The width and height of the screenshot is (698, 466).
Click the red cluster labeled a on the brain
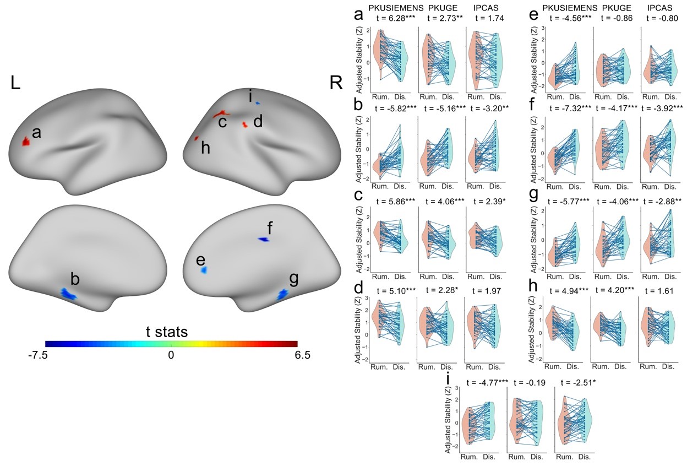[x=25, y=142]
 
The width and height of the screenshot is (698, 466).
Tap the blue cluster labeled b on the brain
[x=68, y=294]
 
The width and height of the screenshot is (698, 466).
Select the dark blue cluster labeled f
[x=264, y=240]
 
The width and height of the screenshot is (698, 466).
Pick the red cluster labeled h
[x=197, y=138]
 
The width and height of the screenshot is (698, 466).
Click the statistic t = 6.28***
[x=395, y=18]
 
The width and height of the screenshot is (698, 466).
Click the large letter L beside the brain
[x=15, y=84]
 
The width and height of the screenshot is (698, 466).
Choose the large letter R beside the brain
[x=335, y=84]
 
